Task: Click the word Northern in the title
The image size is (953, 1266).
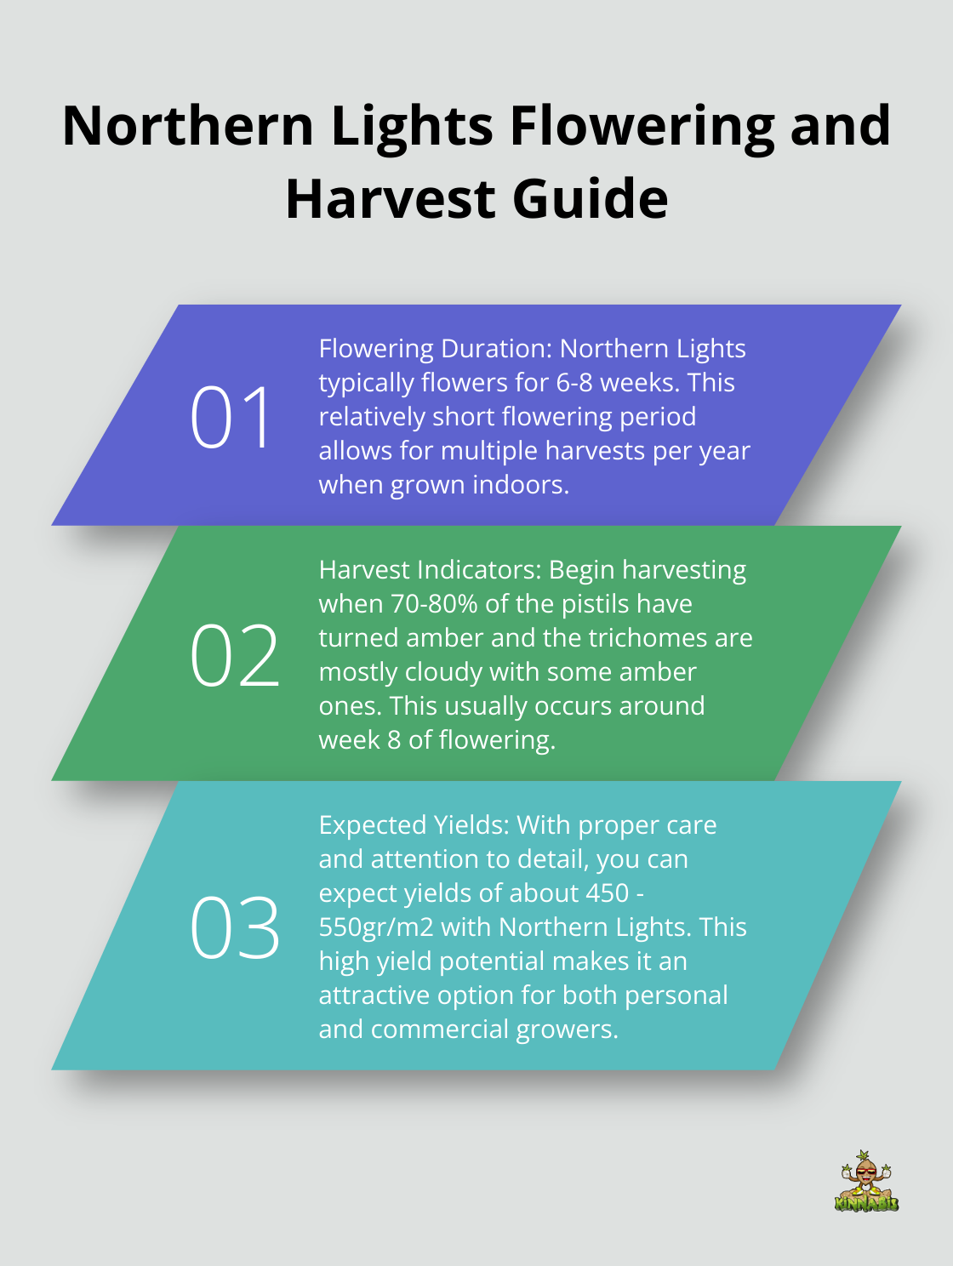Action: (x=189, y=126)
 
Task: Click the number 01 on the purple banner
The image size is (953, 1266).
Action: (x=231, y=417)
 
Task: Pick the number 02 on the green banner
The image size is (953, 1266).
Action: (x=234, y=655)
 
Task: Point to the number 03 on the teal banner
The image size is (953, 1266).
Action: (x=234, y=928)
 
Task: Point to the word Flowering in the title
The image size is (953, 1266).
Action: (x=642, y=126)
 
